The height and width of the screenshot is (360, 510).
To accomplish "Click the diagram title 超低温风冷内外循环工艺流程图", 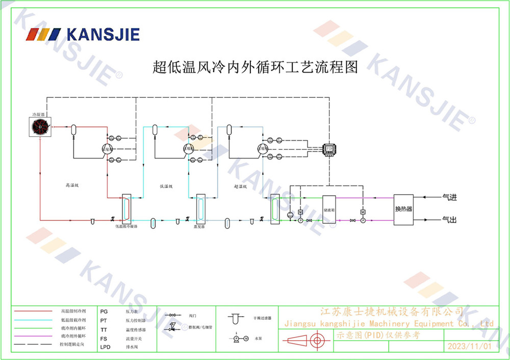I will (x=256, y=67).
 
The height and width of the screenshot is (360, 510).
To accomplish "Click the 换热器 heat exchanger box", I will (x=403, y=209).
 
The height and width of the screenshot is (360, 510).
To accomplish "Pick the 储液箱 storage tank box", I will (x=328, y=209).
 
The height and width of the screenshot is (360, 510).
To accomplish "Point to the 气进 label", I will (x=449, y=197).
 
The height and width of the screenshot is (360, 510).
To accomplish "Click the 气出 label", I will (x=449, y=220).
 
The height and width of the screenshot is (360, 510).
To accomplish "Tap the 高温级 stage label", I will (x=72, y=186).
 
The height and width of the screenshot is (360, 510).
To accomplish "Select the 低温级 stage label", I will (x=166, y=186).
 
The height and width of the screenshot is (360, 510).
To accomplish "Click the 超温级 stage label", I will (x=240, y=186).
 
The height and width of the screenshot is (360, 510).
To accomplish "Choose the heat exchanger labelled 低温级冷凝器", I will (x=126, y=208).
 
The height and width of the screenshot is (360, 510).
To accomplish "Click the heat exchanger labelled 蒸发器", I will (x=200, y=208).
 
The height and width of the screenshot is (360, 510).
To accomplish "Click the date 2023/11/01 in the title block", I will (x=469, y=346).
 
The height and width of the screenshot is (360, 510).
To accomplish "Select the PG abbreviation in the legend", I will (x=104, y=311).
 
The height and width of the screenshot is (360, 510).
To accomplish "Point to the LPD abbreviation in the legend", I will (x=105, y=347).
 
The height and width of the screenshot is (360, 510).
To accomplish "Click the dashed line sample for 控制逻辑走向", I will (x=33, y=345).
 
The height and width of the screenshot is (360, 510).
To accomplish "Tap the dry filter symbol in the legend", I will (x=234, y=319).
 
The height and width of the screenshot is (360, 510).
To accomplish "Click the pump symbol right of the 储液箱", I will (x=363, y=220).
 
